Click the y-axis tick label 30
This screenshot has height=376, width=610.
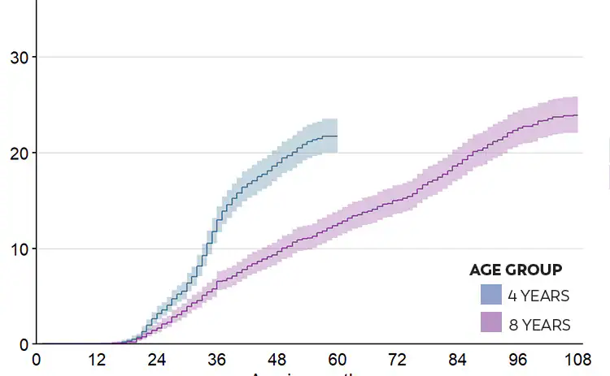(x=17, y=58)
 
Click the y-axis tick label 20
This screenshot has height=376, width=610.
(x=17, y=153)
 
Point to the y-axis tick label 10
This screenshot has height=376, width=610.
(x=17, y=249)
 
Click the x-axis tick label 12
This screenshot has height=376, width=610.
(x=97, y=360)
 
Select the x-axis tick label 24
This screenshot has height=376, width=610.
(x=157, y=360)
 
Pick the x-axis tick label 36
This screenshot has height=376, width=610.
(x=217, y=360)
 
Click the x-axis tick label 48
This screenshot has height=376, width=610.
(x=277, y=360)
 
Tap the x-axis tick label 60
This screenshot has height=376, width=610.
(x=338, y=360)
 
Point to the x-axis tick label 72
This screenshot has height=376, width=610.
(x=398, y=360)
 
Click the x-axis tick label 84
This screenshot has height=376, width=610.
(x=458, y=360)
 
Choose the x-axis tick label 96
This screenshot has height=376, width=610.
(x=518, y=360)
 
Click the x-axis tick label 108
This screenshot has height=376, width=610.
(x=577, y=360)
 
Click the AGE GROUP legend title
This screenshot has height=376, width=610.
(x=516, y=270)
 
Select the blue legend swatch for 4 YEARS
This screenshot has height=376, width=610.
(x=491, y=295)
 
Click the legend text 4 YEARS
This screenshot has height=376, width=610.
(x=539, y=296)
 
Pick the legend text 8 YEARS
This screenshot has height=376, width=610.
(x=539, y=325)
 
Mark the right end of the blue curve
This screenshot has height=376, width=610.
(x=337, y=136)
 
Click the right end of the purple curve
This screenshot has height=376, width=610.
(x=577, y=115)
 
